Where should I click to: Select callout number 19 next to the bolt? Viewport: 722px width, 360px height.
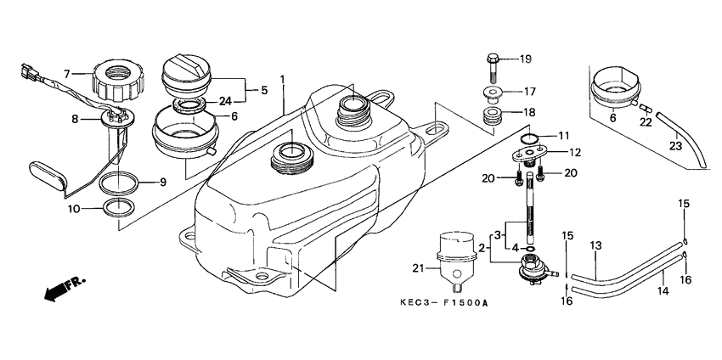pyautogui.click(x=525, y=59)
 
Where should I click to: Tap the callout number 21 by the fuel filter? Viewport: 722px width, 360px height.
pyautogui.click(x=416, y=269)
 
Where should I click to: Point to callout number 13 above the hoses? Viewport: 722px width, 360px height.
pyautogui.click(x=595, y=245)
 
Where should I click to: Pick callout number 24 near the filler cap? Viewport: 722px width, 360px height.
pyautogui.click(x=224, y=101)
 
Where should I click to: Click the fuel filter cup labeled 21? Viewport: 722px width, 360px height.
pyautogui.click(x=454, y=255)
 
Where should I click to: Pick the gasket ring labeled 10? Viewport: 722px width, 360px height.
pyautogui.click(x=116, y=208)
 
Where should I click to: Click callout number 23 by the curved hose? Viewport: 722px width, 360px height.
pyautogui.click(x=676, y=145)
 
